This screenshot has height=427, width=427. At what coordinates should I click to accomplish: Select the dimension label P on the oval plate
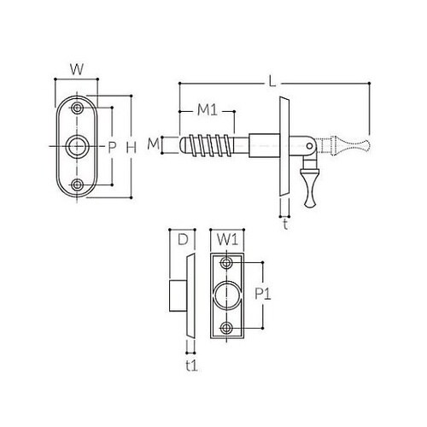click(111, 148)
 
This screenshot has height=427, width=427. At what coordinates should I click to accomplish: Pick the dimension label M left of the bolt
click(153, 143)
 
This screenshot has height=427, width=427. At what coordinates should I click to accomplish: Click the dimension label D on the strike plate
click(181, 239)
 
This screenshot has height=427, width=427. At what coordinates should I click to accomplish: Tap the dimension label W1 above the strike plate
click(225, 239)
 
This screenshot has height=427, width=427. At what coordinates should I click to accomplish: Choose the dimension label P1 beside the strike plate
click(263, 294)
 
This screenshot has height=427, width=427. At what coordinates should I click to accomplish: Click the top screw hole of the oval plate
click(78, 109)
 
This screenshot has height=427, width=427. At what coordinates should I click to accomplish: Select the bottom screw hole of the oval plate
click(78, 184)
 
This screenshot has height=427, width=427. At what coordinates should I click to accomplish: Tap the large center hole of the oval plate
click(78, 147)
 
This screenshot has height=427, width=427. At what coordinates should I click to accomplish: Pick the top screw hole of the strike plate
click(226, 263)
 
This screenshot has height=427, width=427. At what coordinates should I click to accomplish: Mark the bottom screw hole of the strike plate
click(226, 327)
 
